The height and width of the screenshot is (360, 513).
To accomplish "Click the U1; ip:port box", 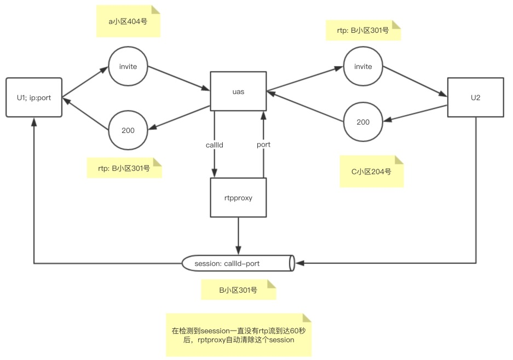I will tap(34, 97).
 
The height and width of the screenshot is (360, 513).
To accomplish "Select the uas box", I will tap(238, 91).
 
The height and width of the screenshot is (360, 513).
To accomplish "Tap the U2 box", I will tap(475, 97).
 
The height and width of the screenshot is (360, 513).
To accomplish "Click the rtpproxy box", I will tap(238, 198).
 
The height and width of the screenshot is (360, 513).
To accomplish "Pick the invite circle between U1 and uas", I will tap(128, 67).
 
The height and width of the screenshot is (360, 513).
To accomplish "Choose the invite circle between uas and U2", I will tap(363, 67).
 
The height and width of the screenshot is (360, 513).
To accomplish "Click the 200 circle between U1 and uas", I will tap(128, 130).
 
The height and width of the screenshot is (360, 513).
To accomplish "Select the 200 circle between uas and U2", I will tap(363, 122).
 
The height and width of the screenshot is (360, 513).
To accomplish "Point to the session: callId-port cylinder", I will tap(238, 263).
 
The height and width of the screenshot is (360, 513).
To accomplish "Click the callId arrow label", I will tap(214, 144).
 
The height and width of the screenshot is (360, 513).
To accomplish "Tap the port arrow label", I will tap(264, 144).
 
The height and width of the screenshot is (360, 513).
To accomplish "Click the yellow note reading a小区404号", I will tap(128, 22).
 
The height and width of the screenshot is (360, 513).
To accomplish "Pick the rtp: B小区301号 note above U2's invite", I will tap(364, 30).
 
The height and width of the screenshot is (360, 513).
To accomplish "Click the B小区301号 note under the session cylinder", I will tap(238, 290).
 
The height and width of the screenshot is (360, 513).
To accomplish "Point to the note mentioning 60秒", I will tap(238, 335).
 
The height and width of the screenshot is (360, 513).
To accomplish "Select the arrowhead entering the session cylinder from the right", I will tap(299, 263).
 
